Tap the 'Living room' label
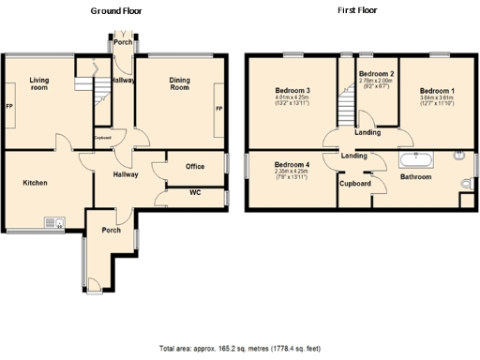[x=38, y=84]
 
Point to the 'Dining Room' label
[x=179, y=83]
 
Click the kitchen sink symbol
[x=52, y=222]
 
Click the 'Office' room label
[x=194, y=167]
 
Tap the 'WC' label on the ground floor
[x=194, y=193]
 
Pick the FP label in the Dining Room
[x=219, y=110]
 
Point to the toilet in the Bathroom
[x=466, y=182]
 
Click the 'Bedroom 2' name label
[x=376, y=73]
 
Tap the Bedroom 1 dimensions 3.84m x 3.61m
[x=432, y=97]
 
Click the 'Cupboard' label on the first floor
[x=355, y=184]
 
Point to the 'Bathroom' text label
[x=415, y=176]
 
